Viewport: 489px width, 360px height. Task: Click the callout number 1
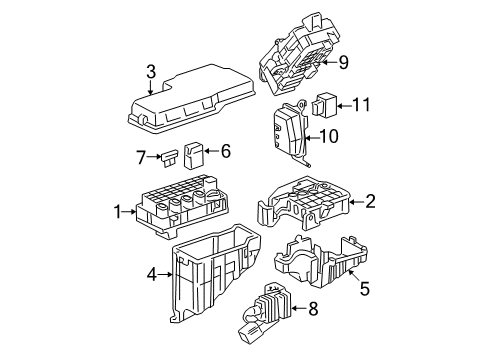(x=119, y=211)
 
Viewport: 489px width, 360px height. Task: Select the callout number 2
(x=370, y=201)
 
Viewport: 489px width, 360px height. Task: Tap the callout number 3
(x=151, y=71)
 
